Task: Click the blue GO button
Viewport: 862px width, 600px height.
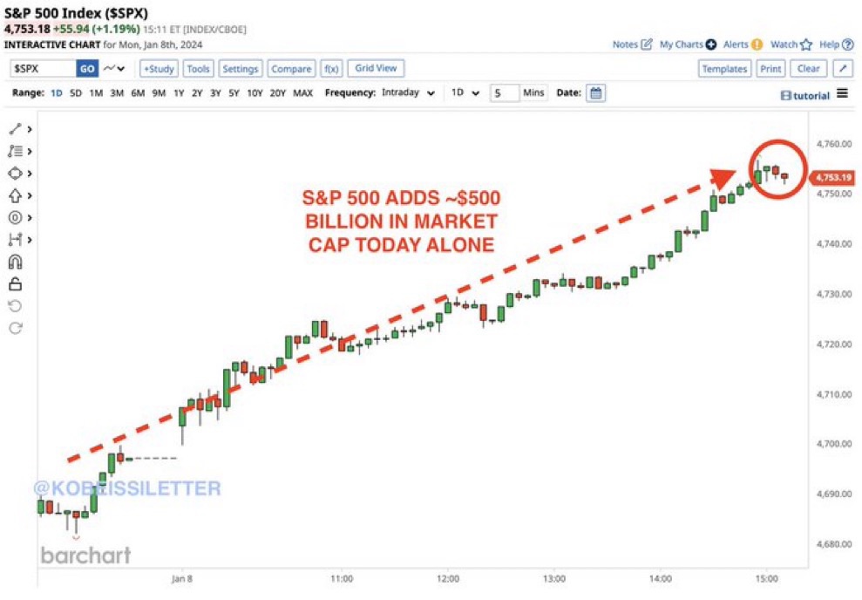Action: click(x=87, y=69)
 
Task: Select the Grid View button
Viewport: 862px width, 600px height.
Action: click(x=375, y=68)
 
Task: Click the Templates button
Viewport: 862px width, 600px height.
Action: click(x=724, y=69)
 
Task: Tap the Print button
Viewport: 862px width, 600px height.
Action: click(x=770, y=69)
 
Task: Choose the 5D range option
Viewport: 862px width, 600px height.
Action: click(x=76, y=93)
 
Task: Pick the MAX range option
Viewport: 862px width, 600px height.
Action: click(x=302, y=93)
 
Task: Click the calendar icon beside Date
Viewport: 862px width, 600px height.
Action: click(x=595, y=93)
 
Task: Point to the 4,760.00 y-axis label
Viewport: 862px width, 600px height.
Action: click(x=831, y=144)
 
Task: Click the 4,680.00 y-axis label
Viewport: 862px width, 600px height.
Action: click(x=831, y=544)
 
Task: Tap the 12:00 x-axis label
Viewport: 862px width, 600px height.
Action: click(x=447, y=577)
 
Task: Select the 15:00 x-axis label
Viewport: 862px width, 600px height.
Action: click(x=766, y=577)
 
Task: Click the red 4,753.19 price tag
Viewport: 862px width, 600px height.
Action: click(x=831, y=178)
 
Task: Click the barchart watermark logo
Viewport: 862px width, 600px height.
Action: click(x=85, y=555)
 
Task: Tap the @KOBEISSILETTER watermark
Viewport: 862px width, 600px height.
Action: click(x=127, y=488)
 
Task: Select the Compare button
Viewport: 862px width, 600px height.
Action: click(x=291, y=69)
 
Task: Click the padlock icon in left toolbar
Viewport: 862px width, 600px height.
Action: click(x=15, y=283)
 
